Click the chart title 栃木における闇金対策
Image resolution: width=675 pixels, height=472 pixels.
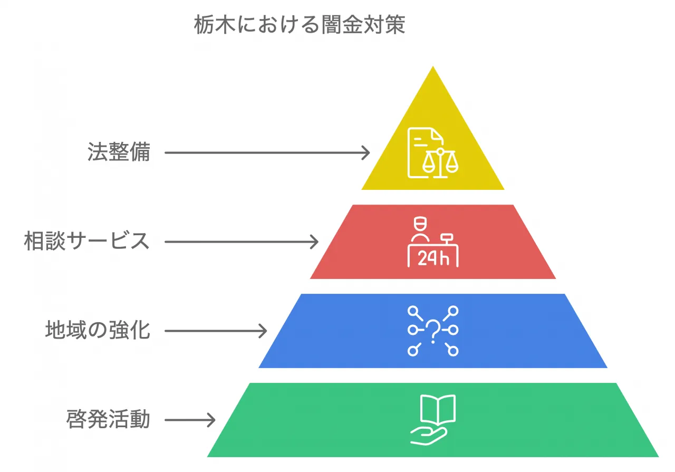(300, 25)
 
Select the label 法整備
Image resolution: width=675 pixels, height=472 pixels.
(119, 152)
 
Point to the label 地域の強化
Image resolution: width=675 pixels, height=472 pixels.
(98, 331)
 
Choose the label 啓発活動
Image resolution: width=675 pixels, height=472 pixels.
(108, 420)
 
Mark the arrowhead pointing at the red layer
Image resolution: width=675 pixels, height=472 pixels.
(314, 242)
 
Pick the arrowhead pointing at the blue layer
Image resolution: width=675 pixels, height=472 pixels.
(262, 331)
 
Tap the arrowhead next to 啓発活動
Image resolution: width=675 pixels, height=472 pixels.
(210, 420)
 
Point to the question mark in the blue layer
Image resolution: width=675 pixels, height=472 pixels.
(433, 331)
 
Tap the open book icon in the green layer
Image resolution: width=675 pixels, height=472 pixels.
(437, 409)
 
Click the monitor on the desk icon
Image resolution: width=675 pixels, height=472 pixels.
(447, 238)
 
